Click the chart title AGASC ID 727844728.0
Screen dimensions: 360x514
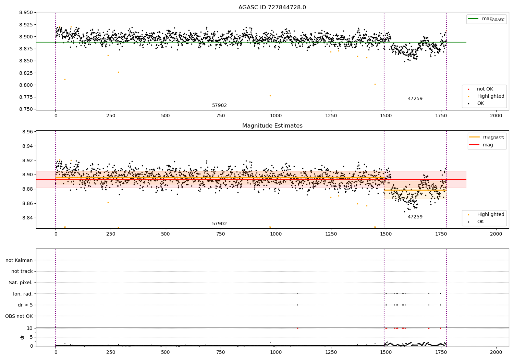[272, 8]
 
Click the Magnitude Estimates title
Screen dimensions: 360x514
[272, 126]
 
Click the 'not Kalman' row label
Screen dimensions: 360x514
[19, 260]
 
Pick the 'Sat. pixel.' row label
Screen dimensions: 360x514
[21, 283]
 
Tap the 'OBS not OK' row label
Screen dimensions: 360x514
[19, 316]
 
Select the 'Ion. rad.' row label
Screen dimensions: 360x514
[23, 294]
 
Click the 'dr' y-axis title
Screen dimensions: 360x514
[22, 337]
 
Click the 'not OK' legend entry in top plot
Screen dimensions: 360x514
[485, 89]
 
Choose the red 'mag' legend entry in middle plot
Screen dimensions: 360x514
[488, 145]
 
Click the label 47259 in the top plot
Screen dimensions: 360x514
[415, 99]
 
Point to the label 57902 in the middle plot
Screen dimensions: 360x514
[219, 224]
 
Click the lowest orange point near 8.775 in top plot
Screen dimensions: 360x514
[270, 96]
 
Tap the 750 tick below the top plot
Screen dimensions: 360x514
[221, 116]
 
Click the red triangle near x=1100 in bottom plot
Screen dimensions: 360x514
[297, 328]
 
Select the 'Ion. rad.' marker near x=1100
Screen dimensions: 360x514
[297, 294]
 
